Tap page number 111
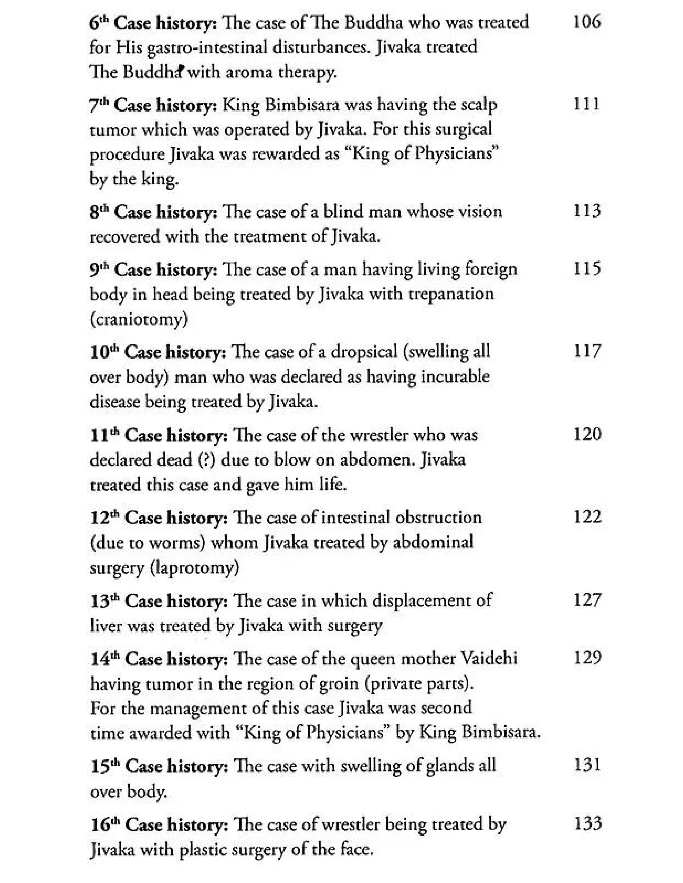tap(586, 104)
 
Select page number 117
tap(587, 351)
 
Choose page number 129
tap(587, 658)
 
